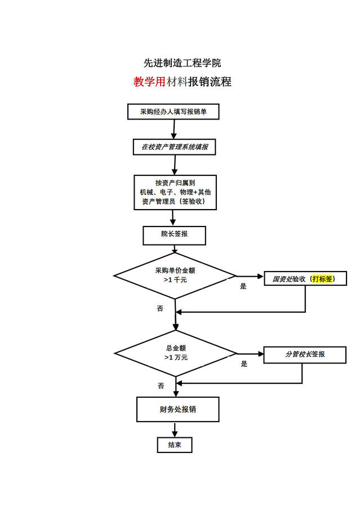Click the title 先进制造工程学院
pos(179,63)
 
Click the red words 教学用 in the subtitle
pos(149,82)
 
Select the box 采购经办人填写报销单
pos(173,112)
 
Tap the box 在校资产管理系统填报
pos(175,147)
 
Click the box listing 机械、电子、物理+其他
pos(175,192)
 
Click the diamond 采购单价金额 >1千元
pos(175,275)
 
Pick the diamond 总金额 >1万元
pos(176,353)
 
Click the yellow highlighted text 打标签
pos(322,278)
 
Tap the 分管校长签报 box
pos(305,354)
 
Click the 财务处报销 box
pos(177,409)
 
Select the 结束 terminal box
pos(175,445)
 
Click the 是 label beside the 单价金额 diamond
pos(243,286)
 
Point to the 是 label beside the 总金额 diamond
pos(244,364)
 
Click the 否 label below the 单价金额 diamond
pos(160,309)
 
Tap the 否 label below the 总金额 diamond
pos(161,386)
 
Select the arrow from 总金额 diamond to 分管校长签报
pos(250,354)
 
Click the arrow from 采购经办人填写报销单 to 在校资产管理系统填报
pos(174,129)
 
